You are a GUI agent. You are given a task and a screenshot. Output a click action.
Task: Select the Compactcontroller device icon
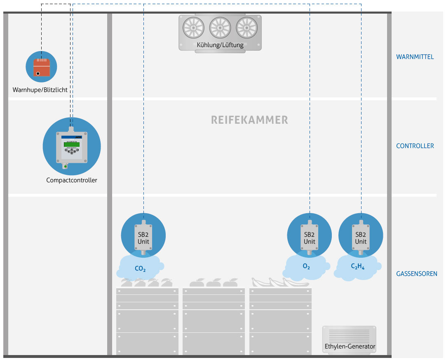click(72, 146)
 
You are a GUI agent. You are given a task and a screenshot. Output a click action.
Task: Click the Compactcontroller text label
click(72, 180)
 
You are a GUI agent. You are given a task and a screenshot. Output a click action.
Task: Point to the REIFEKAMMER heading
click(249, 120)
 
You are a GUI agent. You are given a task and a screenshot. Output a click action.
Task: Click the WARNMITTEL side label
click(415, 57)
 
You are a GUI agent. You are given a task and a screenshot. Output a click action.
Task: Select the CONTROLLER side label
click(415, 146)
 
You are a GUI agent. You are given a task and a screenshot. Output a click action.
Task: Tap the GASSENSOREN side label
click(416, 274)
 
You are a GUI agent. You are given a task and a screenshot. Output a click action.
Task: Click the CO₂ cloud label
click(140, 269)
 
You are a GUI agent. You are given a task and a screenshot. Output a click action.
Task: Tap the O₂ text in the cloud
click(306, 267)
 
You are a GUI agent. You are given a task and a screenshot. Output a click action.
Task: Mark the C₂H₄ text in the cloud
click(358, 267)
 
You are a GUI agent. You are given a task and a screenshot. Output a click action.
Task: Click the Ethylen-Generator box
click(350, 339)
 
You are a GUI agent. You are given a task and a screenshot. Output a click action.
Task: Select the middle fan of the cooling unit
click(220, 28)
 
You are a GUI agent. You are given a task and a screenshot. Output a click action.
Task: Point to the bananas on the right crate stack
click(280, 282)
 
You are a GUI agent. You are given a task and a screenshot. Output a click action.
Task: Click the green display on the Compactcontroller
click(72, 144)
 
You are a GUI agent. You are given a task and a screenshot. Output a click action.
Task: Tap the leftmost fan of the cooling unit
click(193, 28)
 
